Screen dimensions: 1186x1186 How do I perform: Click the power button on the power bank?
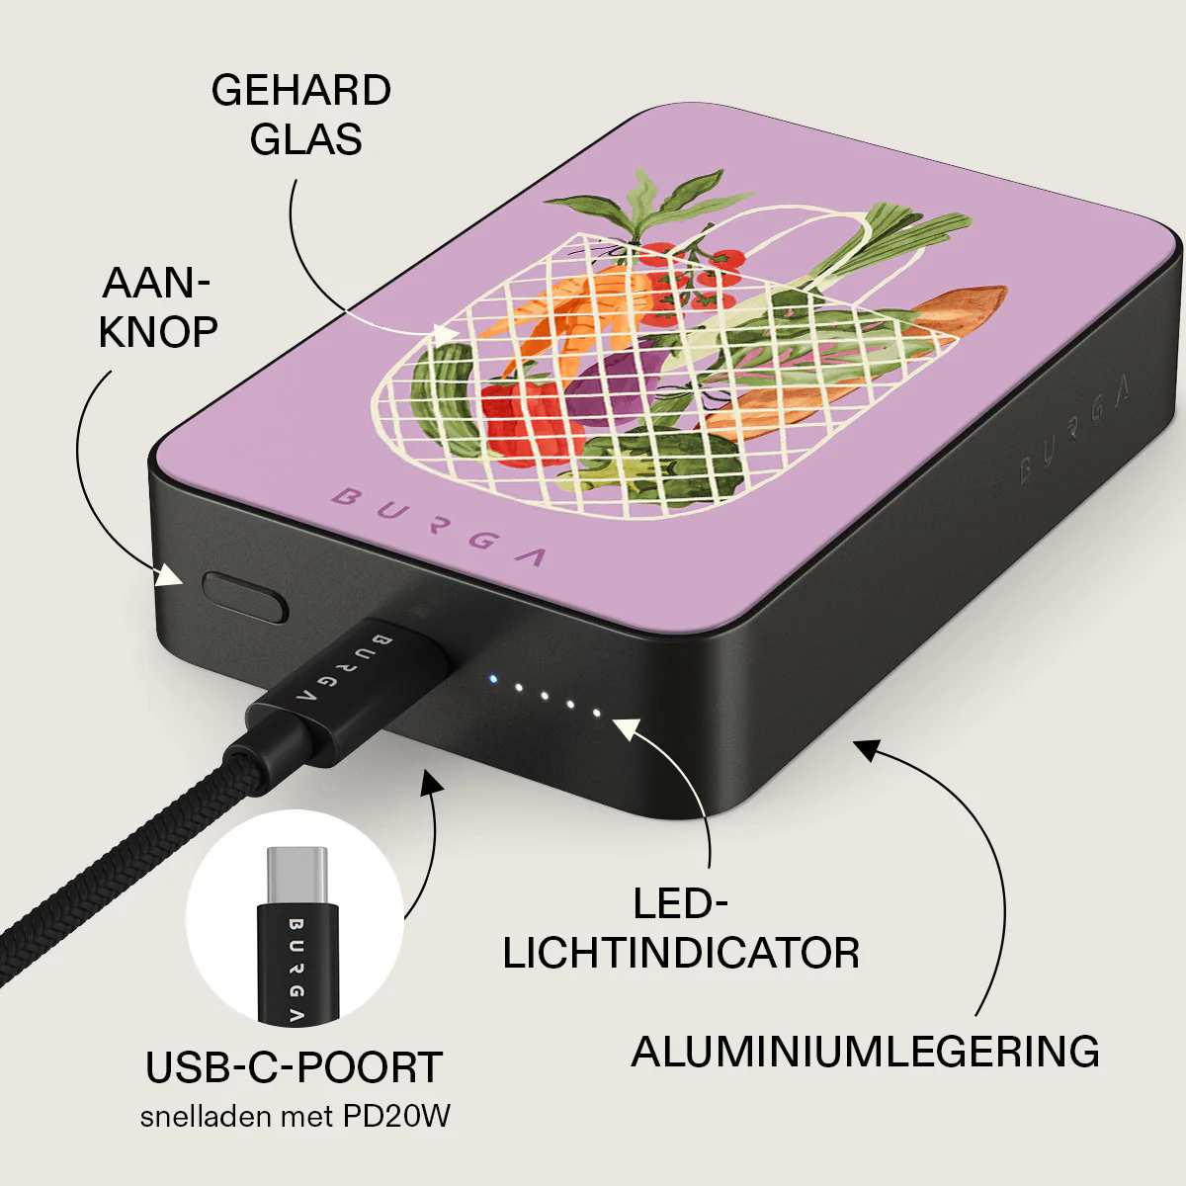coord(245,596)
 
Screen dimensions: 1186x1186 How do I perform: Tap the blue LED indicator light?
coord(492,679)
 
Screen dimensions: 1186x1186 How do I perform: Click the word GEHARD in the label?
coord(301,91)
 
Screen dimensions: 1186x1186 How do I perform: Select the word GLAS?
coord(305,139)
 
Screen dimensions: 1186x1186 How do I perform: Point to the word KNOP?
coord(158,332)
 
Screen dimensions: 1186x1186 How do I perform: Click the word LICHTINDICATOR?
coord(681,954)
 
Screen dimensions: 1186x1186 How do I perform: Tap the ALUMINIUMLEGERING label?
coord(866,1052)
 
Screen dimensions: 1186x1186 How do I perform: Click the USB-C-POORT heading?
coord(295,1067)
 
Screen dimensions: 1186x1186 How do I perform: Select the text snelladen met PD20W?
coord(295,1116)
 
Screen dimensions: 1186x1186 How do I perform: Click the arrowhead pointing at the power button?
coord(169,575)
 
